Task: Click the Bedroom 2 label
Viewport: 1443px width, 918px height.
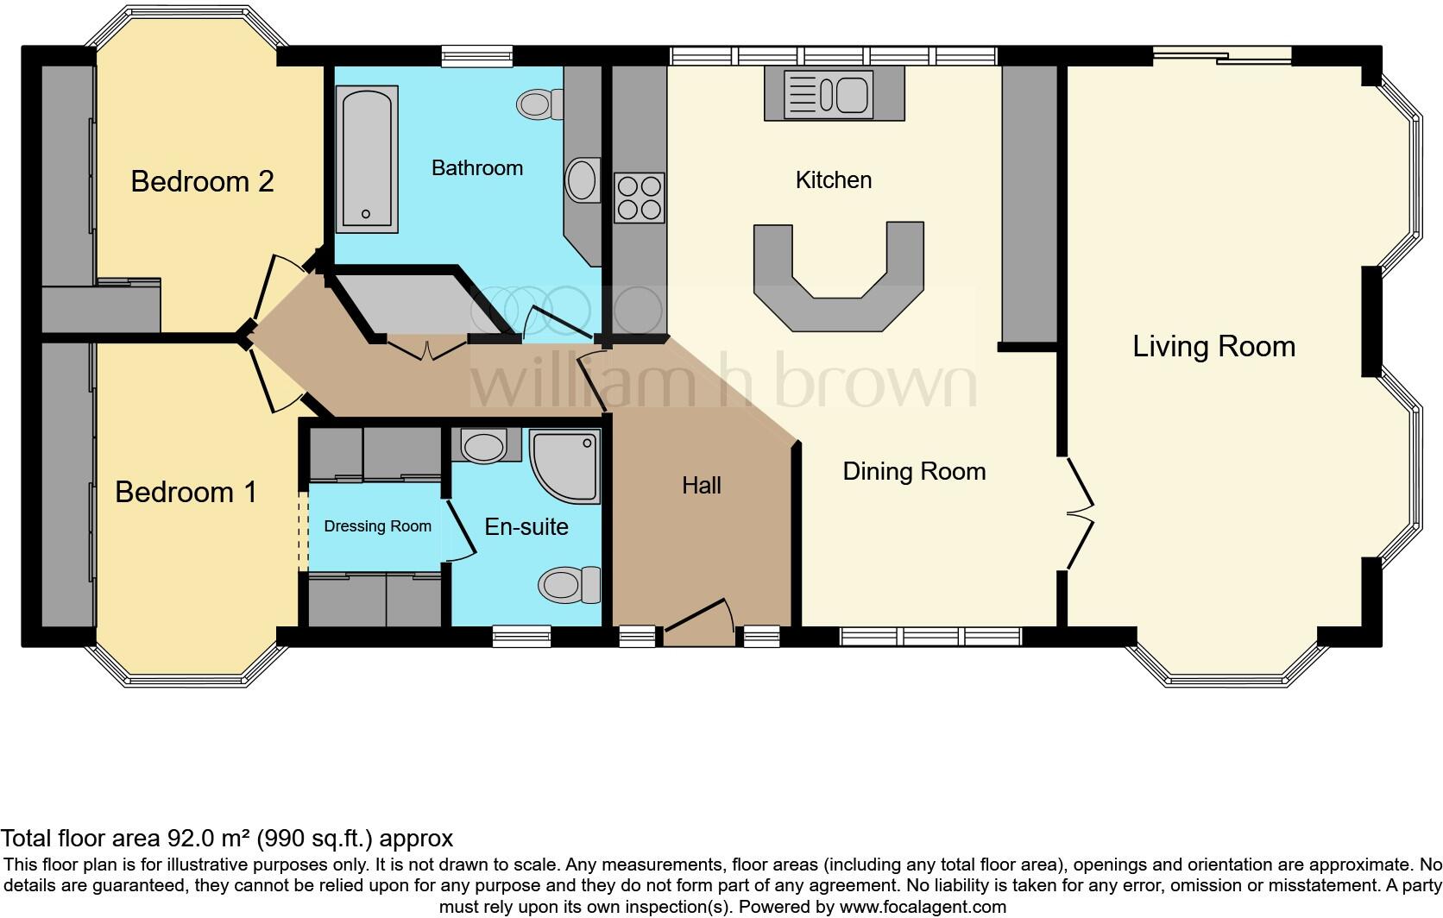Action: [202, 182]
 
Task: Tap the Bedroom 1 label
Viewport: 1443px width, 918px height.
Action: [186, 492]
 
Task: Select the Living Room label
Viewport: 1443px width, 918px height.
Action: [1213, 347]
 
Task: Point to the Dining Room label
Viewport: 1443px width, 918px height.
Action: [914, 472]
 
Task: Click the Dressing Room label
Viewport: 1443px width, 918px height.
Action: [377, 526]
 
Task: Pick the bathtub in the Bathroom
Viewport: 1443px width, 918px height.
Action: [367, 159]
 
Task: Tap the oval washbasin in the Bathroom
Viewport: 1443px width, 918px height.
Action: [583, 179]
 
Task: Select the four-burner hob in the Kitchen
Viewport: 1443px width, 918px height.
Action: [639, 197]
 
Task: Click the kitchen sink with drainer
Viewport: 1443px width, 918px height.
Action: [828, 95]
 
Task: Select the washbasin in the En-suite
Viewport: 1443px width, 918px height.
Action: [485, 445]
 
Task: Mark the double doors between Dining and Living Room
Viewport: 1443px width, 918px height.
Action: [1080, 514]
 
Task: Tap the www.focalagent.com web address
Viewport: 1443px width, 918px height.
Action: [923, 907]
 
